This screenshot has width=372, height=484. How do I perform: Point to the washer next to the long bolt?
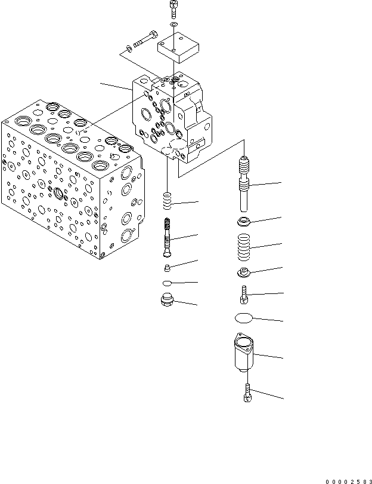[x=129, y=48]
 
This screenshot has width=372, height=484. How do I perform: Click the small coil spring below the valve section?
[x=168, y=200]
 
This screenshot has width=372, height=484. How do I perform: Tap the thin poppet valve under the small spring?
[x=168, y=237]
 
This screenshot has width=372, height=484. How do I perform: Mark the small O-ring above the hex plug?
[x=168, y=283]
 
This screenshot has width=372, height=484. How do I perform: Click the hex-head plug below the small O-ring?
[x=168, y=301]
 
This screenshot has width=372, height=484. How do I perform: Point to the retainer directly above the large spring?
[x=244, y=223]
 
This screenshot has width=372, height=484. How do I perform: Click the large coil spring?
[x=244, y=247]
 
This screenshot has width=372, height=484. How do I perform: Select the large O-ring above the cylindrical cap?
[x=244, y=319]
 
